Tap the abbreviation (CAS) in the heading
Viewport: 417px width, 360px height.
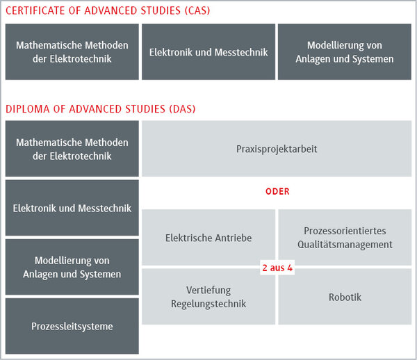coord(193,11)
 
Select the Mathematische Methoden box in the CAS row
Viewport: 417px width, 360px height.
coord(72,52)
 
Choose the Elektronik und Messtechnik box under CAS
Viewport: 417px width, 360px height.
coord(208,52)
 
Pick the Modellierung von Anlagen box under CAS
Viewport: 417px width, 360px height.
coord(344,52)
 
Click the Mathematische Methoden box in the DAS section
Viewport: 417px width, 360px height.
coord(72,149)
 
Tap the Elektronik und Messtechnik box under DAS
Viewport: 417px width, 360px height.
coord(72,208)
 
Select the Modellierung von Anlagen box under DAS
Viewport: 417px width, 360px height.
coord(72,267)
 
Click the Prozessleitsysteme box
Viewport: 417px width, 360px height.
coord(72,326)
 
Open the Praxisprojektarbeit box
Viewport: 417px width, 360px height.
coord(277,149)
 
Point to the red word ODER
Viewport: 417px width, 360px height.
coord(277,191)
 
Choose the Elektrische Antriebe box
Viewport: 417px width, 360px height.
coord(208,238)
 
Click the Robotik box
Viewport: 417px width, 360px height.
coord(345,297)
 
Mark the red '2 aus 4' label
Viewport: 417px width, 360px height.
coord(277,268)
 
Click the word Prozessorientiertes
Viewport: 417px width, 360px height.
coord(345,231)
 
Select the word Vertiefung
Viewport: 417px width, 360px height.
coord(208,290)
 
